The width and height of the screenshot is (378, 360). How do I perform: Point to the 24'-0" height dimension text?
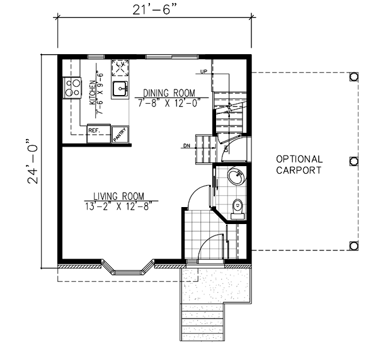[33, 161]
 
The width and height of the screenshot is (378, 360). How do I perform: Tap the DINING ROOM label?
[169, 93]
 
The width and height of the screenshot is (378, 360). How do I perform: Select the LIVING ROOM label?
[119, 196]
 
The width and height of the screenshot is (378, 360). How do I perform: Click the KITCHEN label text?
[93, 93]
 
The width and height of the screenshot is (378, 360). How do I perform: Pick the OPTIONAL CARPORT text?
[299, 165]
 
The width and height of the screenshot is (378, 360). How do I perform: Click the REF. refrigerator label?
[94, 130]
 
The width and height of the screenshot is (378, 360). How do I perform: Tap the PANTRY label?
[120, 135]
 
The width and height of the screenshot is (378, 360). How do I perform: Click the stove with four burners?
[72, 87]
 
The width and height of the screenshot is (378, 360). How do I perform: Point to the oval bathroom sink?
[238, 176]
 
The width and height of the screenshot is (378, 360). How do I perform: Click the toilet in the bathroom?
[238, 209]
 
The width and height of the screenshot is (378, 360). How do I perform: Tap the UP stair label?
[203, 72]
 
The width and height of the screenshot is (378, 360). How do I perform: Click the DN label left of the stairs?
[186, 145]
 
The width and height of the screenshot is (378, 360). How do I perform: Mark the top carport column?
[353, 77]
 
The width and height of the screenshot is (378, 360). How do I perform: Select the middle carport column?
[353, 161]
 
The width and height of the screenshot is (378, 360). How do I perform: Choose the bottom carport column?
[353, 245]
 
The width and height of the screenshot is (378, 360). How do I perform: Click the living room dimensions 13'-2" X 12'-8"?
[119, 206]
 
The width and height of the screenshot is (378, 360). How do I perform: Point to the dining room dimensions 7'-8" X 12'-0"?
[169, 103]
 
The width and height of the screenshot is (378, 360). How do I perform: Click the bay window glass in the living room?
[127, 273]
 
